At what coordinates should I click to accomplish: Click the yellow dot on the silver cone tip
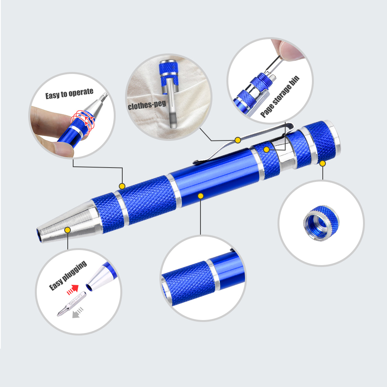coord(68,230)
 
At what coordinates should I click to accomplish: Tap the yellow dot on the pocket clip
coord(237,139)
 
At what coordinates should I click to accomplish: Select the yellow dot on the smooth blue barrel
coord(200,196)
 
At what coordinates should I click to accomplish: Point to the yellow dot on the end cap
coord(322,163)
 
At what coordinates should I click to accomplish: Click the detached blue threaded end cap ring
coord(320,224)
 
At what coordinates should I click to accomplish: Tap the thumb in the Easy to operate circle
coord(58,149)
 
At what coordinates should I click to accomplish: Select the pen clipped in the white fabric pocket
coord(169,93)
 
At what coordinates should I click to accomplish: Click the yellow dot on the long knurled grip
coord(122,186)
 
